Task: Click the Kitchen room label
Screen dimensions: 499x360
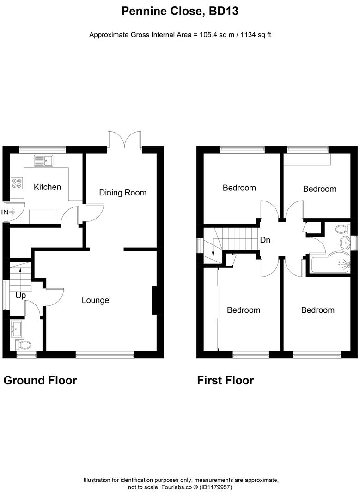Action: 47,187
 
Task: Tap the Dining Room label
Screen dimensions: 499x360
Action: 122,193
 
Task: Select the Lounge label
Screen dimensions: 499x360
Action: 95,300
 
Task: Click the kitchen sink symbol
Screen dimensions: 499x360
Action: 44,161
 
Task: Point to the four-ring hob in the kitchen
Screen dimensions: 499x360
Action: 17,183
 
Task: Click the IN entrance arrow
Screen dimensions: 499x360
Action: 9,212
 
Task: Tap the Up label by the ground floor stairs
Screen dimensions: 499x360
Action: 20,295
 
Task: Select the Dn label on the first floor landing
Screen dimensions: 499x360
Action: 265,240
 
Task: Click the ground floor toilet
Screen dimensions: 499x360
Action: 23,345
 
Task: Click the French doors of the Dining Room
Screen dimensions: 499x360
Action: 124,140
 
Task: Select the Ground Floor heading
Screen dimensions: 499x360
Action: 40,380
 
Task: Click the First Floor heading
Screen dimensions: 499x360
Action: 225,380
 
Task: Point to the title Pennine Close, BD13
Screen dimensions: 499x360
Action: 180,12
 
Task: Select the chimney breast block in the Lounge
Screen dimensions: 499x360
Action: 155,301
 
